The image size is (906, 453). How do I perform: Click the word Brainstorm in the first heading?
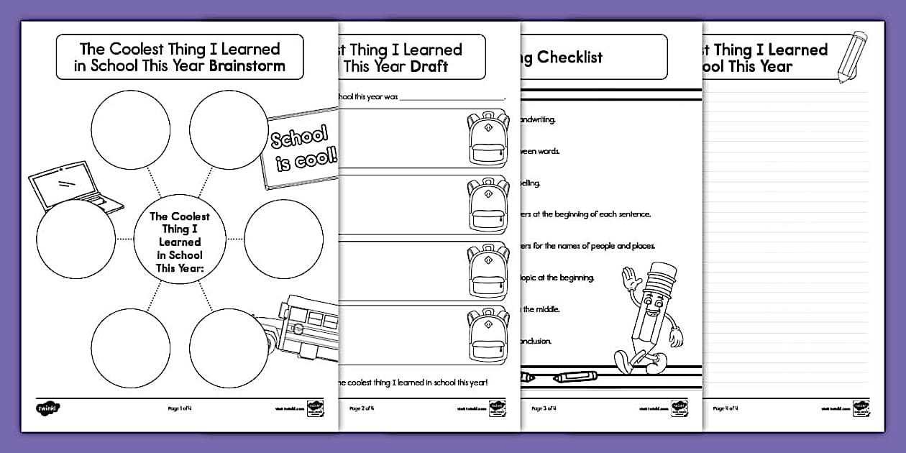click(247, 66)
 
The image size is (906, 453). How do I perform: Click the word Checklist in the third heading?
click(569, 58)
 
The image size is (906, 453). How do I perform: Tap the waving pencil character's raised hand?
click(631, 278)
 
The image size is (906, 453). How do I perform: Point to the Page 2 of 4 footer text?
click(362, 408)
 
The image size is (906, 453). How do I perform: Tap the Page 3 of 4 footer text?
click(544, 408)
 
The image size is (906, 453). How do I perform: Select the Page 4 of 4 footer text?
click(726, 408)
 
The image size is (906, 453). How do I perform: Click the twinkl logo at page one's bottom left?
click(47, 408)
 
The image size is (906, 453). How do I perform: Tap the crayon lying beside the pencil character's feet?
click(572, 376)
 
